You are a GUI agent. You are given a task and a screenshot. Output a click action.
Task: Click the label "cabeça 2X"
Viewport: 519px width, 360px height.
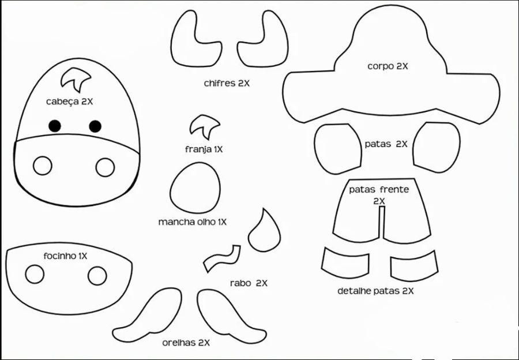[x=70, y=102]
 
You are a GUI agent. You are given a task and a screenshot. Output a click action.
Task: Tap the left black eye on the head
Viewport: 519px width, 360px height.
[x=55, y=126]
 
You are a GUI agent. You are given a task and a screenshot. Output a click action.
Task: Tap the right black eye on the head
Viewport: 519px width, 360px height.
[x=95, y=126]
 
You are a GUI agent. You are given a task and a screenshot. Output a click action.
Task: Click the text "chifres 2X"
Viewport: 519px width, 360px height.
[x=227, y=83]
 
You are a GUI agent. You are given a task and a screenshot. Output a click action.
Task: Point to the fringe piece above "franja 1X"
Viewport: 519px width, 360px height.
[x=204, y=126]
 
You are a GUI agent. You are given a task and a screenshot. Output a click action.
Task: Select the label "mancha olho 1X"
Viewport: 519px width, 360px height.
[x=192, y=222]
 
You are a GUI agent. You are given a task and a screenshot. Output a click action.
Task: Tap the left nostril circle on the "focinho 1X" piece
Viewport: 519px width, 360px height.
[x=35, y=274]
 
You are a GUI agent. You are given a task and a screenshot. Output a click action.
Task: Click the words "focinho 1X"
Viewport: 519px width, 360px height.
[x=65, y=256]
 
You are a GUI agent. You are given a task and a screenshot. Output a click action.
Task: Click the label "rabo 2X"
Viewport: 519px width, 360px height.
[x=249, y=283]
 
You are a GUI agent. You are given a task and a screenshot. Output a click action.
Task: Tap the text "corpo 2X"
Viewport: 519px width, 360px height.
[x=388, y=66]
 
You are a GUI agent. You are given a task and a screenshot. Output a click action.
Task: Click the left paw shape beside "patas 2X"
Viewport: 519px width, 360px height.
[x=338, y=149]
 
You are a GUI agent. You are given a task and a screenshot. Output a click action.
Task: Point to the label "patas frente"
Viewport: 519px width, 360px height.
[x=379, y=190]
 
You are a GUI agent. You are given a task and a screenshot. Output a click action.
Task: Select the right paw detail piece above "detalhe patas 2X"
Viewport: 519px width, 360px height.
[x=414, y=265]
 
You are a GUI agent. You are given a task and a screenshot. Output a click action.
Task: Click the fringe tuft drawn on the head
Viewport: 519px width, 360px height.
[x=76, y=80]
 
